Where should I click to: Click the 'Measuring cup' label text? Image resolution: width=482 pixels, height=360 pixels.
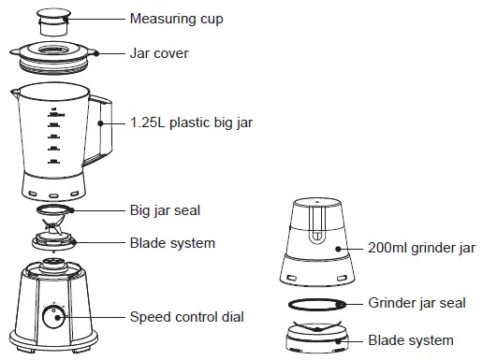[x=176, y=19]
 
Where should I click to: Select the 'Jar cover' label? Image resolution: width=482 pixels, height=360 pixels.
[x=158, y=53]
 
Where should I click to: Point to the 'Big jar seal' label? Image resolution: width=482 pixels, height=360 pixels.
[x=165, y=210]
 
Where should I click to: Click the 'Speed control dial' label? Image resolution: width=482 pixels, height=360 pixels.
[x=187, y=317]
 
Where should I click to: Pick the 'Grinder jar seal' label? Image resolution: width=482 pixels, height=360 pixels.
[x=416, y=303]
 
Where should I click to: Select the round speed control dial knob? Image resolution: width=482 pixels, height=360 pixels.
[x=55, y=316]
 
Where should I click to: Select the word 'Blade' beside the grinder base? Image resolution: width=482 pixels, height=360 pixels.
[x=386, y=340]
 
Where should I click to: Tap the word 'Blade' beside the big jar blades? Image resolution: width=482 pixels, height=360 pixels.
[x=147, y=243]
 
